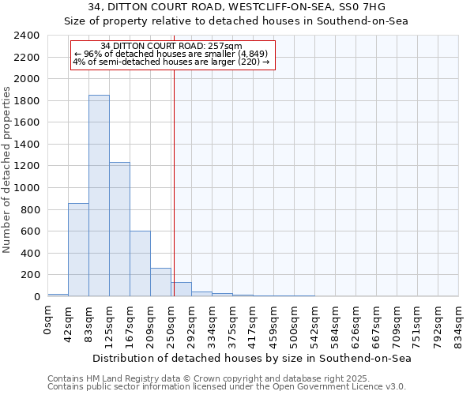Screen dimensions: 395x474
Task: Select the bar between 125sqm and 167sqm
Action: tap(119, 229)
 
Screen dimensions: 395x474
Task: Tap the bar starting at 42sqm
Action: tap(78, 250)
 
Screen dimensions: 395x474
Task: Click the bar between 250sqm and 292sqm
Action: tap(181, 290)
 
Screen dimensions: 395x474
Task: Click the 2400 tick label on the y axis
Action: tap(28, 36)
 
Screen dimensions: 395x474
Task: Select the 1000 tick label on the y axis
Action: tap(28, 188)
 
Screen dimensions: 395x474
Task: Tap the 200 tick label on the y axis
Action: tap(31, 275)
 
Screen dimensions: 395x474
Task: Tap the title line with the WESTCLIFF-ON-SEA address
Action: tap(236, 7)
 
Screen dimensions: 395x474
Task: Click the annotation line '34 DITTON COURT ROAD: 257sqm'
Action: tap(171, 47)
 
